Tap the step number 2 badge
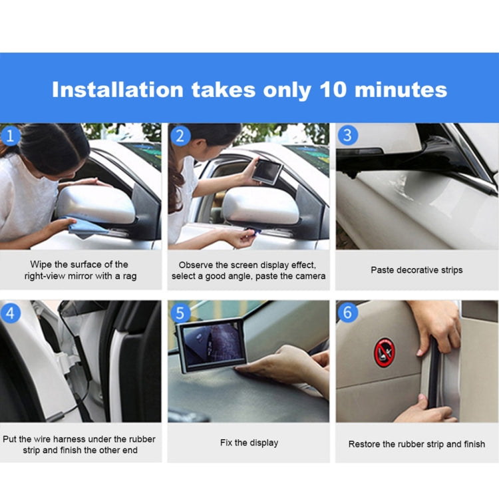point(179,136)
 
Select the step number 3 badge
point(347,136)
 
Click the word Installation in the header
point(117,90)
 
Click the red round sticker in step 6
point(384,351)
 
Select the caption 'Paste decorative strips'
point(416,270)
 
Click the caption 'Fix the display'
point(249,442)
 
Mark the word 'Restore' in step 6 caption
point(365,444)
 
